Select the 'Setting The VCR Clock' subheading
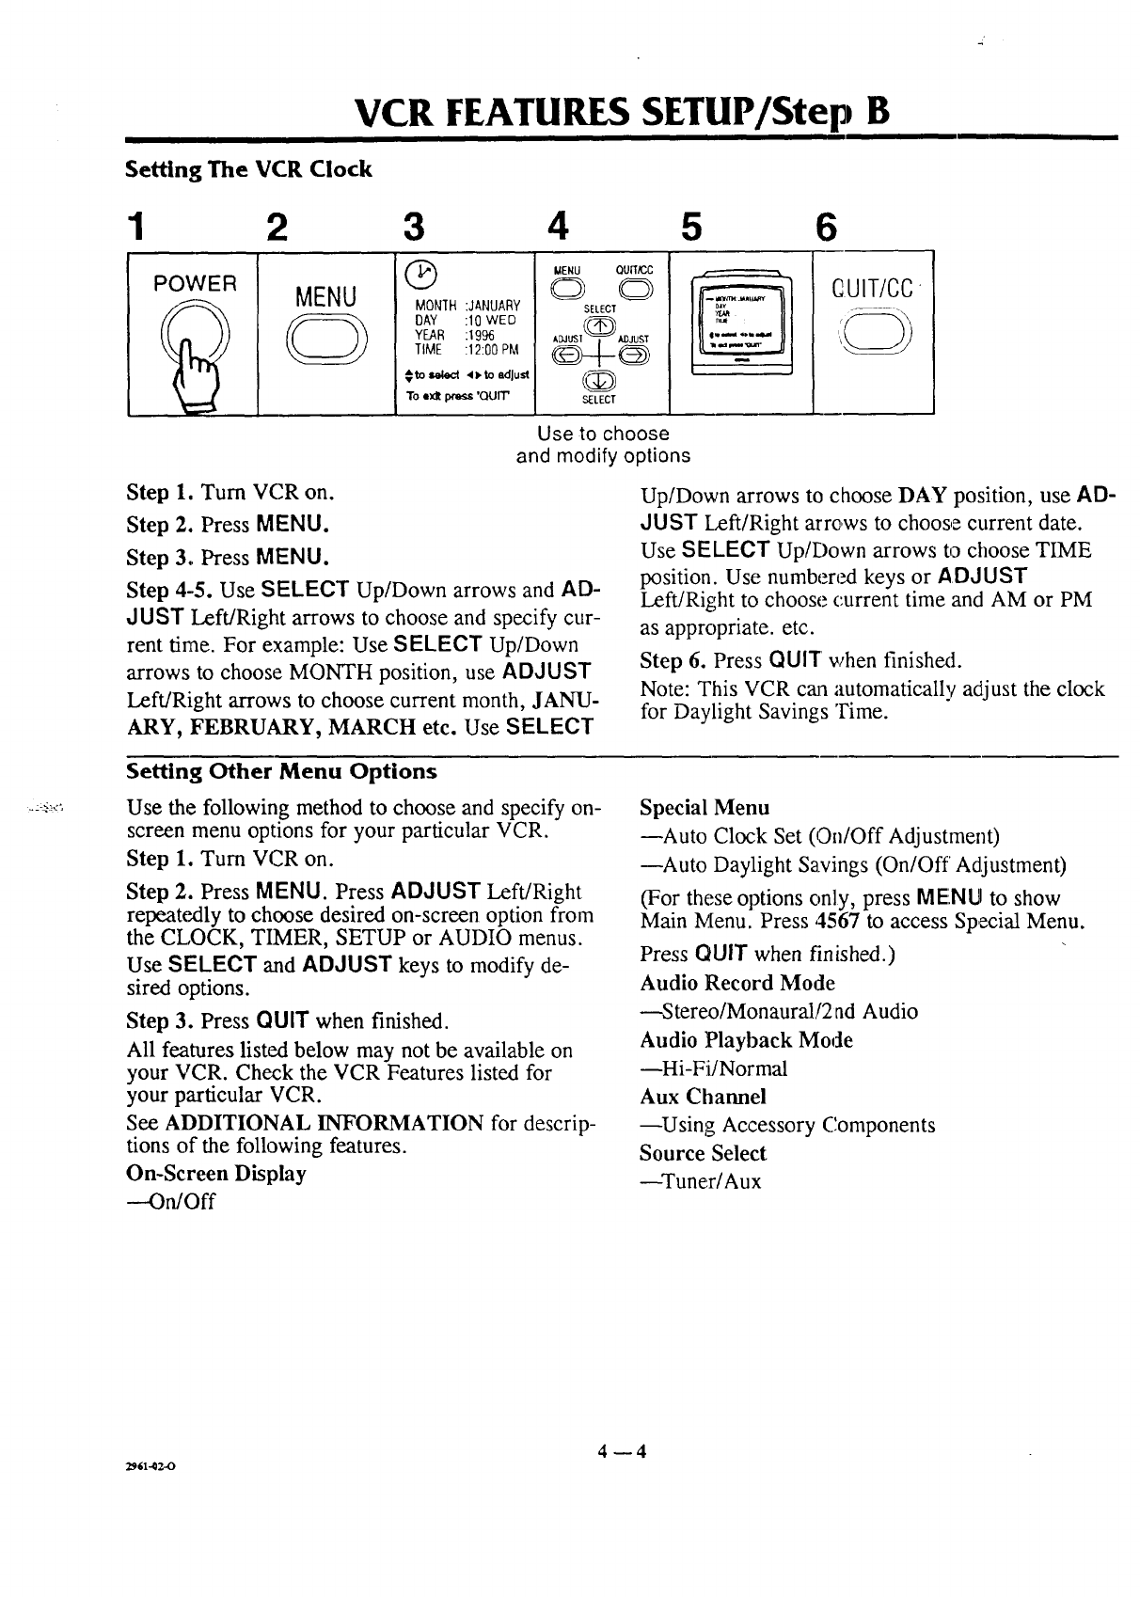[x=249, y=170]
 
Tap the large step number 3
[x=411, y=226]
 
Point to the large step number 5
[x=693, y=226]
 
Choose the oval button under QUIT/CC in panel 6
[x=872, y=332]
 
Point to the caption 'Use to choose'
[x=603, y=435]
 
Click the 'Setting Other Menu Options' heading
[x=281, y=772]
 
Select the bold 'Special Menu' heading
[x=705, y=808]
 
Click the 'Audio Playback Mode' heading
[x=746, y=1040]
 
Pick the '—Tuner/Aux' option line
[x=700, y=1182]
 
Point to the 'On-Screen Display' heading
[x=216, y=1174]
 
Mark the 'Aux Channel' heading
[x=703, y=1097]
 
